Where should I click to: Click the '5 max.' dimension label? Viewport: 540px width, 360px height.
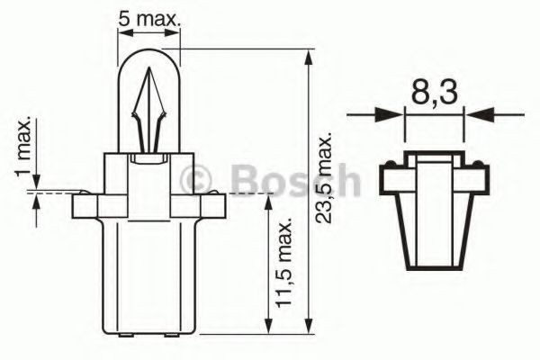coord(150,17)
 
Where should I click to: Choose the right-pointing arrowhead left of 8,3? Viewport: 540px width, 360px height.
coord(392,114)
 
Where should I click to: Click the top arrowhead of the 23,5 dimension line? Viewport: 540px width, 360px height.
coord(310,57)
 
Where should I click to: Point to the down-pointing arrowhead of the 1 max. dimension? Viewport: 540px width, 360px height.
coord(36,184)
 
